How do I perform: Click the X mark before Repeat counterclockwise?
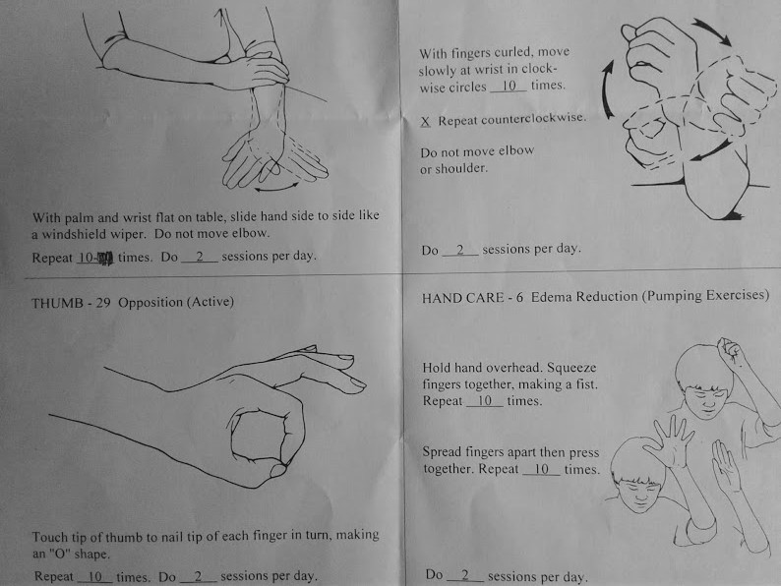(425, 122)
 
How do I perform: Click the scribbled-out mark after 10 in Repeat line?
(104, 258)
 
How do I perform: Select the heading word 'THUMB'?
(57, 303)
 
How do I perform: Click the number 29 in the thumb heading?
(102, 303)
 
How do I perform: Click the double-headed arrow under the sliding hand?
(276, 187)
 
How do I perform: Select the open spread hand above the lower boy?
(672, 441)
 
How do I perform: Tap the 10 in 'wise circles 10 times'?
(509, 86)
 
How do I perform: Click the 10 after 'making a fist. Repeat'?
(485, 401)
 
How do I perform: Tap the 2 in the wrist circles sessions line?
(460, 250)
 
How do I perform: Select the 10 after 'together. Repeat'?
(541, 469)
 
